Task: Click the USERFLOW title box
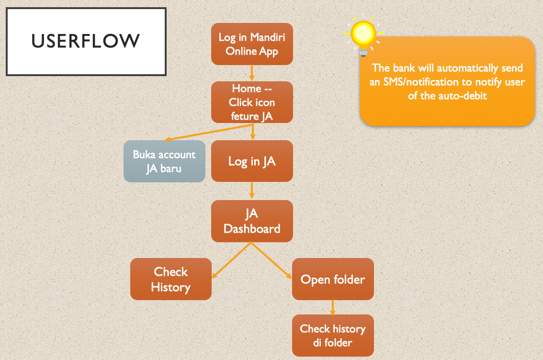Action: point(86,41)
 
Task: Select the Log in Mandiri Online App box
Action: point(252,44)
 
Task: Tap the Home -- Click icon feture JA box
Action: point(252,102)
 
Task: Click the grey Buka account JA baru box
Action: point(164,161)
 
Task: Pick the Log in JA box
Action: point(252,161)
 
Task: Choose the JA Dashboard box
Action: point(252,221)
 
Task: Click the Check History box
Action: point(171,279)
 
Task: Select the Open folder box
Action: point(333,279)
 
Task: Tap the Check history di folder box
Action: point(333,336)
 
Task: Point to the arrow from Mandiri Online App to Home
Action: point(252,73)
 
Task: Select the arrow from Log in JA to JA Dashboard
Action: point(252,191)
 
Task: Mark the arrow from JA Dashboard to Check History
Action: point(231,260)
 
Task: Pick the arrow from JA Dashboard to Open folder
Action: point(272,260)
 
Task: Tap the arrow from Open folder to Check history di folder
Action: point(333,307)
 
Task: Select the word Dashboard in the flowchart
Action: point(252,228)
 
